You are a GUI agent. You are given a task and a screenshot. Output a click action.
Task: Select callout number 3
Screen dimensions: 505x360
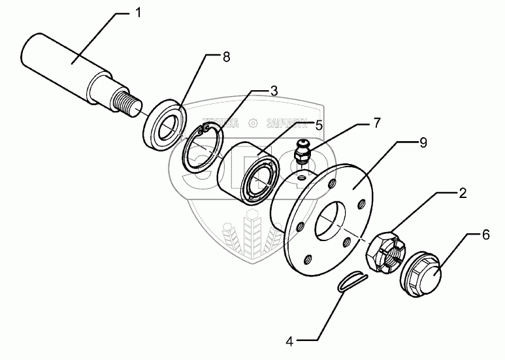coord(274,91)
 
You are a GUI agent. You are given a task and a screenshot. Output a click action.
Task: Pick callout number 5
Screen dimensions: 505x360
coord(318,123)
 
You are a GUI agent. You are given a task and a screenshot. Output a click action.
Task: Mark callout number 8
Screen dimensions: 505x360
coord(225,57)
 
